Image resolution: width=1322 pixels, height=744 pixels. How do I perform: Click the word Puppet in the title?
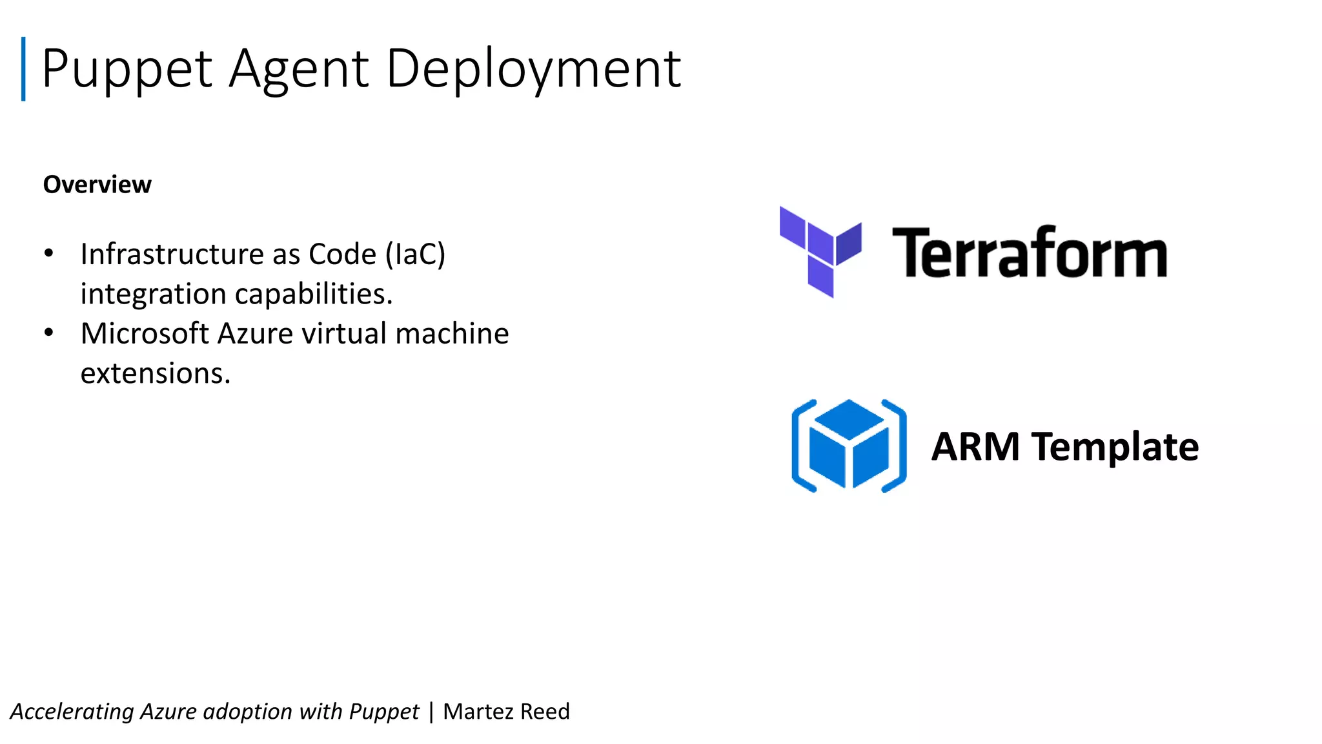pyautogui.click(x=127, y=69)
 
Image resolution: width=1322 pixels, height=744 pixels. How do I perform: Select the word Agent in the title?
pyautogui.click(x=299, y=69)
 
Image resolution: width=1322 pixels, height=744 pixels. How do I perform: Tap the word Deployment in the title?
pyautogui.click(x=533, y=69)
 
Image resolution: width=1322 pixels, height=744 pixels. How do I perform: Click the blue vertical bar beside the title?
pyautogui.click(x=23, y=69)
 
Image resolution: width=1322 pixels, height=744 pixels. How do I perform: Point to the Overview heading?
pyautogui.click(x=97, y=185)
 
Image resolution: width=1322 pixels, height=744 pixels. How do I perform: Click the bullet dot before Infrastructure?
pyautogui.click(x=49, y=253)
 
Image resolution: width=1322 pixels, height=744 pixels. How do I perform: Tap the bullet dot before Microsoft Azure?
pyautogui.click(x=49, y=333)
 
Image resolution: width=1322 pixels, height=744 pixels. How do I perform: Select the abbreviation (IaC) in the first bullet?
pyautogui.click(x=415, y=254)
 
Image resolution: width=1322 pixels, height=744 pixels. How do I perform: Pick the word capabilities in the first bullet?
pyautogui.click(x=314, y=294)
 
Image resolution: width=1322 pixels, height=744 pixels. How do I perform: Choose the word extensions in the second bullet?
pyautogui.click(x=155, y=373)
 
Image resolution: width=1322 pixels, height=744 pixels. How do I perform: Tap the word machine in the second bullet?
pyautogui.click(x=452, y=334)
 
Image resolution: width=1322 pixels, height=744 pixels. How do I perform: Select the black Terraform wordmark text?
pyautogui.click(x=1030, y=253)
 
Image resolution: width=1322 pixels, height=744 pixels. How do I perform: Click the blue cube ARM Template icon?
pyautogui.click(x=849, y=446)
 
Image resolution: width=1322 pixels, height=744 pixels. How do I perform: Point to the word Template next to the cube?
pyautogui.click(x=1115, y=447)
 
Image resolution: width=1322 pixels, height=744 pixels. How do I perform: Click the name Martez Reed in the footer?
pyautogui.click(x=506, y=711)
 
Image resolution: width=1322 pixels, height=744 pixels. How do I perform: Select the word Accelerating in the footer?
pyautogui.click(x=72, y=712)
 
